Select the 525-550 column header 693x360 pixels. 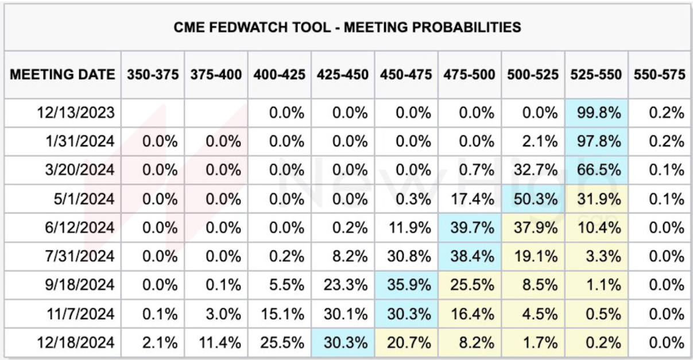596,75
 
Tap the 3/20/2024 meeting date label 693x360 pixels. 80,170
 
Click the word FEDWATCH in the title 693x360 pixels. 270,27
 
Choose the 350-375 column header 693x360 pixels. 153,75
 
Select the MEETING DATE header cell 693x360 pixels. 63,75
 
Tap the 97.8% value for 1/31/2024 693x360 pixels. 599,141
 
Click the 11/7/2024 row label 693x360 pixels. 81,314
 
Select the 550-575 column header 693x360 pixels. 660,75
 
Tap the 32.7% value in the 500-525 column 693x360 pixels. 536,170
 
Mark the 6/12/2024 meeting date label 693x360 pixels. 80,227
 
